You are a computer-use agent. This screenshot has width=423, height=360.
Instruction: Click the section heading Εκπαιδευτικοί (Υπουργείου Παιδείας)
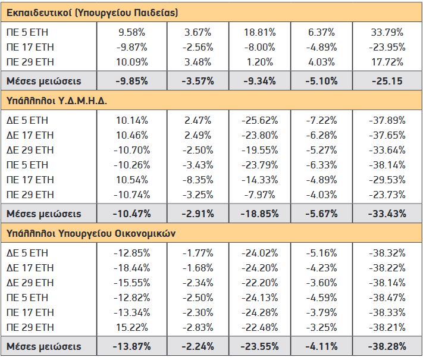pos(92,12)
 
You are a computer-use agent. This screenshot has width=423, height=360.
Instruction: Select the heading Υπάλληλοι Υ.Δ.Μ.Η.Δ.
pos(57,101)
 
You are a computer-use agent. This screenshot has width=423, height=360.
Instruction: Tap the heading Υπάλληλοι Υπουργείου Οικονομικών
pos(91,233)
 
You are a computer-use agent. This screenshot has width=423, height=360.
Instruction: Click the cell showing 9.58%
pos(132,32)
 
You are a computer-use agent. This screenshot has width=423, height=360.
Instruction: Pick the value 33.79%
pos(387,32)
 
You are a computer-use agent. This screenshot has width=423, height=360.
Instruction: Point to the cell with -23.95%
pos(387,47)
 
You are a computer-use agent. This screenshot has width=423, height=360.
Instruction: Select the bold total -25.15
pos(387,81)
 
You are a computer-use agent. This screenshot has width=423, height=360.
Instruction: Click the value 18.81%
pos(260,32)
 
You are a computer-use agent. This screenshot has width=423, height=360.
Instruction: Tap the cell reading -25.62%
pos(260,120)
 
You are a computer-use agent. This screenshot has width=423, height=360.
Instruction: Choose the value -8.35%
pos(198,180)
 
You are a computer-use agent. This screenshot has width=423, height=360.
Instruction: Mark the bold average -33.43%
pos(387,214)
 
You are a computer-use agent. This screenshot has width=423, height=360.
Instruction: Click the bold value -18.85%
pos(260,214)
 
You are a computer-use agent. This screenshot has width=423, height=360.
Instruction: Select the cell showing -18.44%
pos(132,268)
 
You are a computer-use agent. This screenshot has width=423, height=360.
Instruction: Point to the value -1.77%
pos(198,253)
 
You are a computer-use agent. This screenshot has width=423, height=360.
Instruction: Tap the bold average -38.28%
pos(387,346)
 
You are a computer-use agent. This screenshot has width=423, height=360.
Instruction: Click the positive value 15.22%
pos(132,327)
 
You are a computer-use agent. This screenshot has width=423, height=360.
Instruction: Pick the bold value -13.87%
pos(132,346)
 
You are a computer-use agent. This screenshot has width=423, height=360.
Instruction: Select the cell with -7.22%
pos(322,120)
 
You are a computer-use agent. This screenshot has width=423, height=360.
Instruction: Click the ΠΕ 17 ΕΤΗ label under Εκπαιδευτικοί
pos(30,47)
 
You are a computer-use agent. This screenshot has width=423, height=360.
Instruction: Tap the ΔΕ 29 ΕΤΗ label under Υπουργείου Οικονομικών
pos(30,283)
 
